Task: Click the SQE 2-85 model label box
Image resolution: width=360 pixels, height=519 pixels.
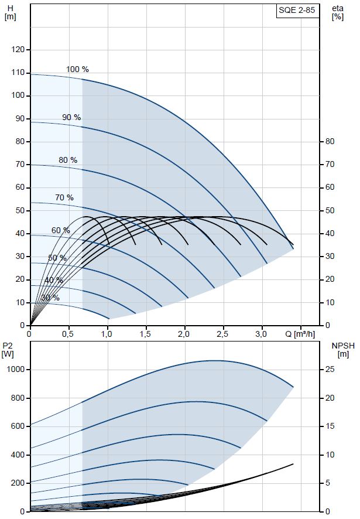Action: point(298,12)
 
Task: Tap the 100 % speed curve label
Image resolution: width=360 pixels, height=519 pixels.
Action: point(77,70)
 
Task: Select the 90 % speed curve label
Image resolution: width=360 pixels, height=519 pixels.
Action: point(71,118)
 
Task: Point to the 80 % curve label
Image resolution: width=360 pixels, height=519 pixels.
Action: point(68,161)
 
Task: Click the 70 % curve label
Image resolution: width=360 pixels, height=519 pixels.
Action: point(64,198)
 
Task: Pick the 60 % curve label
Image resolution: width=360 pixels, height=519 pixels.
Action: point(60,231)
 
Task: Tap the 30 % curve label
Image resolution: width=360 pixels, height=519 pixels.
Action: point(50,298)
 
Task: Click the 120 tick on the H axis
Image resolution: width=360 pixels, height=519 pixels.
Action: point(19,50)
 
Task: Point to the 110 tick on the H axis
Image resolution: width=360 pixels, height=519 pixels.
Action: point(19,73)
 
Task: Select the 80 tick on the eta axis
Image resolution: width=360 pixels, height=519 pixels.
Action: point(330,142)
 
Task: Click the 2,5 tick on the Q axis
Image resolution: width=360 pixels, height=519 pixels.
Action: point(223,334)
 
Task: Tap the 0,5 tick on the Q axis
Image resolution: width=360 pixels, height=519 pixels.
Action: point(69,334)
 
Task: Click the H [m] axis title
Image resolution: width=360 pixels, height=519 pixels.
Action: point(10,12)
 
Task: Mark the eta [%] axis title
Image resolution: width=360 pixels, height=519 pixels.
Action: point(337,12)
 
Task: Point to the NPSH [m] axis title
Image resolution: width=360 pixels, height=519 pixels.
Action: point(344,350)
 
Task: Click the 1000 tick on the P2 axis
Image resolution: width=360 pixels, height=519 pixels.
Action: point(15,370)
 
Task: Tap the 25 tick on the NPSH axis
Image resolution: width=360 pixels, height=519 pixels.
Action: point(330,370)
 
